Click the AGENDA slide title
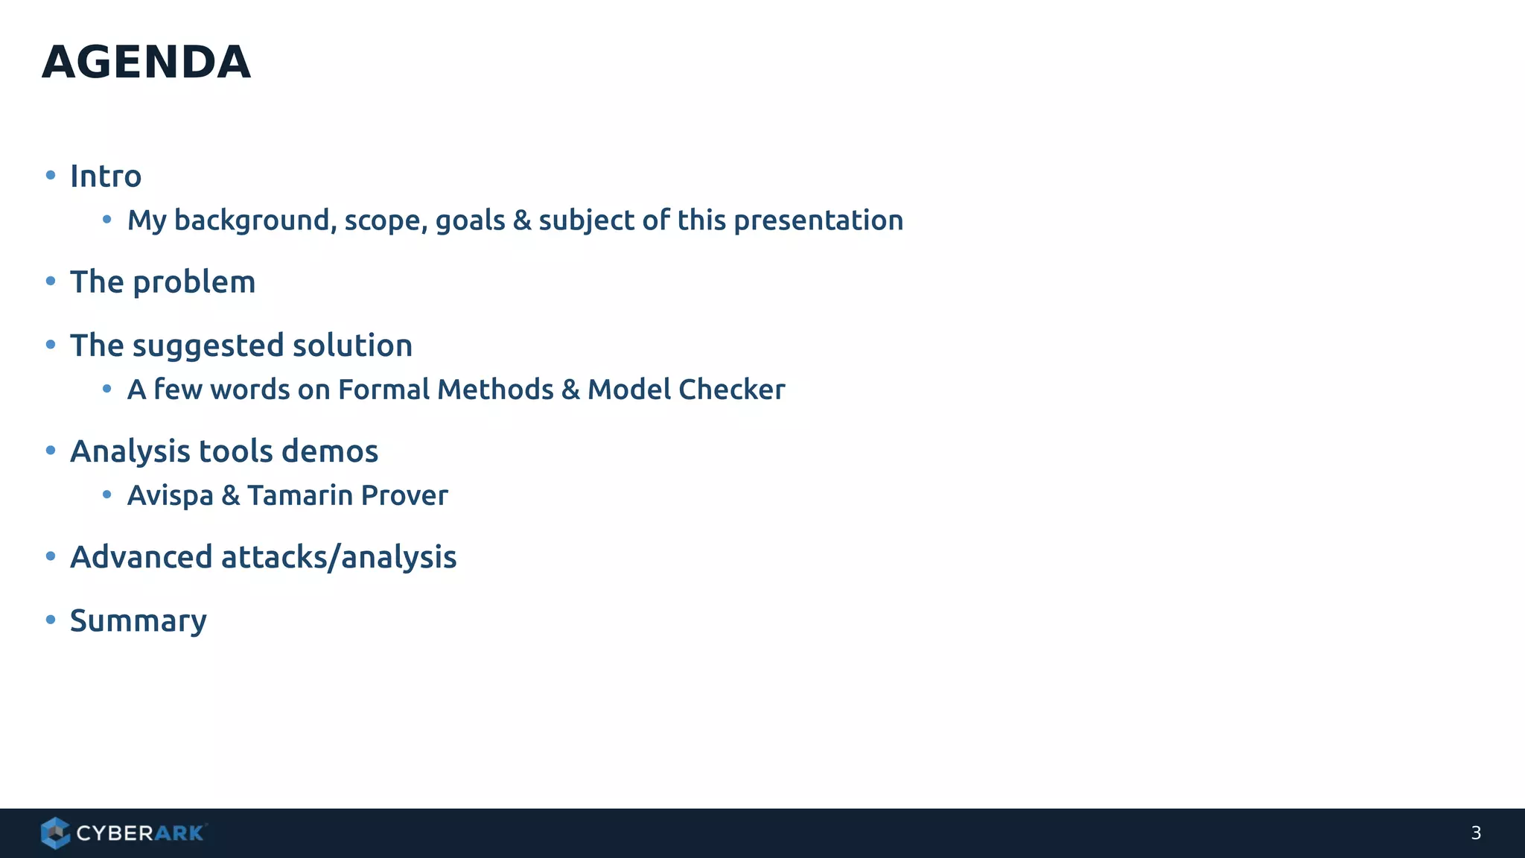click(146, 62)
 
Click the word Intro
click(105, 177)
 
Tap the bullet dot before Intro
click(51, 175)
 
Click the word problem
click(194, 283)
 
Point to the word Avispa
click(170, 496)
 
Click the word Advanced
click(141, 557)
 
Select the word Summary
click(138, 621)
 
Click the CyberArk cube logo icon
click(55, 833)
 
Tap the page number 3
click(1475, 833)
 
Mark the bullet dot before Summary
click(51, 620)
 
